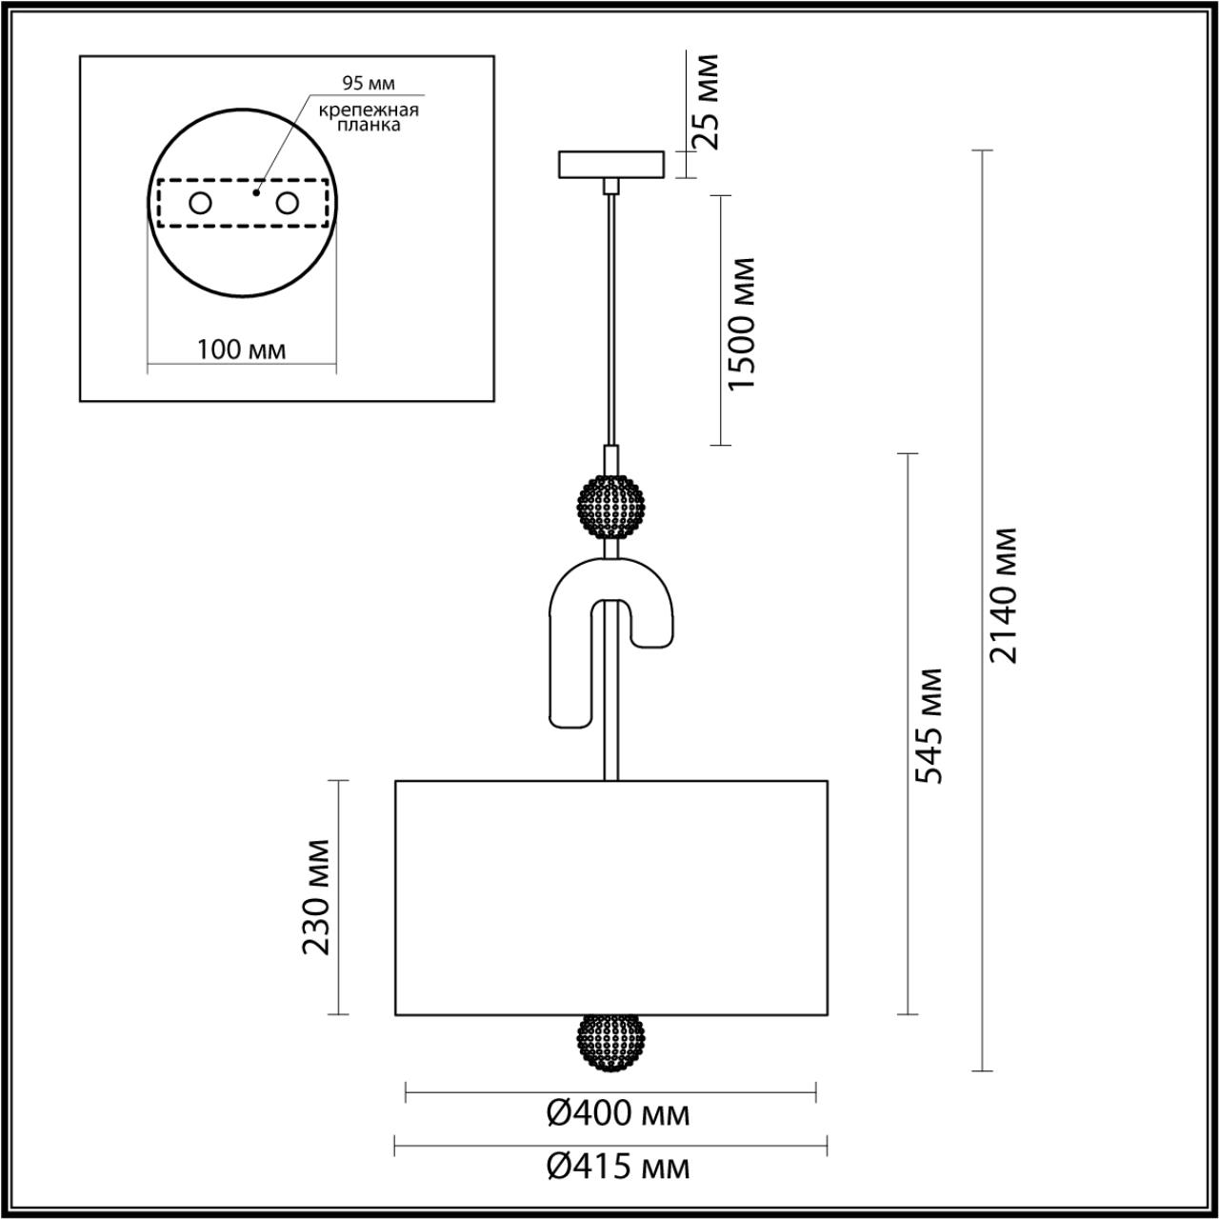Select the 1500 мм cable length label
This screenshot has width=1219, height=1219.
click(x=740, y=323)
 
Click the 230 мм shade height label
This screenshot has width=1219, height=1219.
click(x=316, y=897)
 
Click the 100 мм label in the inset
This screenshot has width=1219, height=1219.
click(x=241, y=350)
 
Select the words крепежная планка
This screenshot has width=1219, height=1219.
click(x=368, y=117)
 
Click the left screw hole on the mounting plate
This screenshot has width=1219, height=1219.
click(x=200, y=203)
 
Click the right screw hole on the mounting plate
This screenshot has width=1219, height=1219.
click(x=287, y=203)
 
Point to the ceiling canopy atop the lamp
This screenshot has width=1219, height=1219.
click(x=610, y=164)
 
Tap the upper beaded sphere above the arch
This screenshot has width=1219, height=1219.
click(x=610, y=508)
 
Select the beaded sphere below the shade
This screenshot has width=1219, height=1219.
click(x=610, y=1042)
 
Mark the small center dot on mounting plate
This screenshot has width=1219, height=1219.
click(x=255, y=192)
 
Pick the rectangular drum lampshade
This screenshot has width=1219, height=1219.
click(x=610, y=897)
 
